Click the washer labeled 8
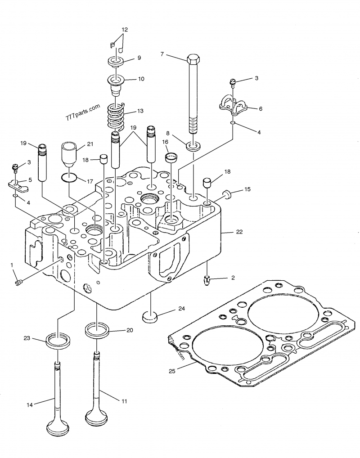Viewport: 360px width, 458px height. [194, 145]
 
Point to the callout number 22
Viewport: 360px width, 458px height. [239, 232]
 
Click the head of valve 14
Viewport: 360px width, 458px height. [59, 427]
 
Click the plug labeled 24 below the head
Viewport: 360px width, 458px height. [151, 316]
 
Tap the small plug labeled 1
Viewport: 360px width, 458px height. [18, 283]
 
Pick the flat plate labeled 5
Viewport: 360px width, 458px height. [17, 184]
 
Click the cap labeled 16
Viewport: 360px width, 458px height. [171, 157]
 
